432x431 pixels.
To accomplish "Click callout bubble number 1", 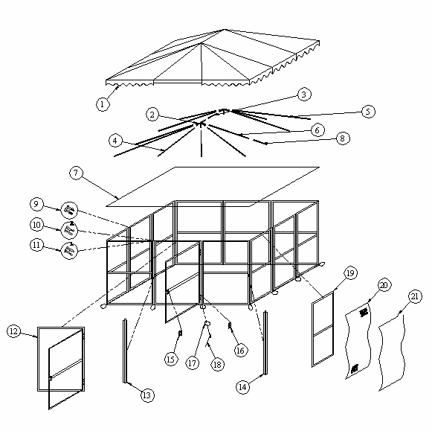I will tap(102, 104).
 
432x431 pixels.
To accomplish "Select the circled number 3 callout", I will tap(303, 95).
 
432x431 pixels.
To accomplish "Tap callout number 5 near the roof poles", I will tap(367, 112).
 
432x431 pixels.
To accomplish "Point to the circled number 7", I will tap(75, 173).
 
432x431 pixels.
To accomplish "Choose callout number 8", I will tap(341, 138).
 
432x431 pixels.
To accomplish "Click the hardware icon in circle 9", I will tap(68, 209).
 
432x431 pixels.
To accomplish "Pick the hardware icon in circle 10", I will tap(68, 230).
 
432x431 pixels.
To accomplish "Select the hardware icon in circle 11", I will tap(68, 251).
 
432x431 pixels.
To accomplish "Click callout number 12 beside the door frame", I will tap(14, 331).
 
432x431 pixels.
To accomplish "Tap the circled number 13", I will tap(147, 395).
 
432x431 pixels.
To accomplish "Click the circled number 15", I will tap(170, 360).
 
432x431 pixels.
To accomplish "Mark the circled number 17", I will tap(192, 363).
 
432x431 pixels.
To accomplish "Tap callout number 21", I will tap(414, 296).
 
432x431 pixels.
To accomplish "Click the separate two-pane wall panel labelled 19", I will tap(321, 331).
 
